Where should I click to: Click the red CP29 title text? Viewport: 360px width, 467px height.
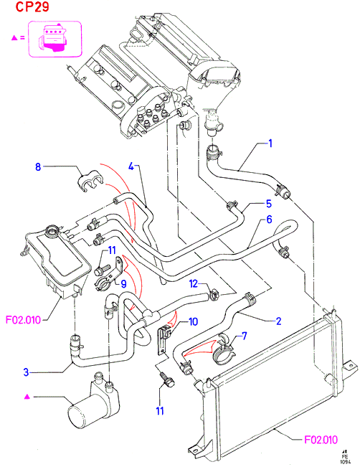32,7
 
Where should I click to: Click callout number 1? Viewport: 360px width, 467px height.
270,143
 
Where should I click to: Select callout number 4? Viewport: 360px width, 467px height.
131,166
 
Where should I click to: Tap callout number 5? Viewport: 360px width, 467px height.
269,204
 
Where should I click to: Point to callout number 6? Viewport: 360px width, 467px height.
269,220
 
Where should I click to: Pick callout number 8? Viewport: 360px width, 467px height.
38,166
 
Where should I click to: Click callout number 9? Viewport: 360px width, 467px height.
123,284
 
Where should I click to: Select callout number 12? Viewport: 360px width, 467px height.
194,284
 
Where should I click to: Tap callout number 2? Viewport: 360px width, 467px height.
278,321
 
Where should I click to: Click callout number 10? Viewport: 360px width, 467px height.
193,321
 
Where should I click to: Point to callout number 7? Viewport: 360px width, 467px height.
245,336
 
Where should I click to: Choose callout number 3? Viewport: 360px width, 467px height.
27,372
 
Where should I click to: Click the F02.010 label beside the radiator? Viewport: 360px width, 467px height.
321,440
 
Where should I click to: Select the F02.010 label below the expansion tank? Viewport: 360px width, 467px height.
23,320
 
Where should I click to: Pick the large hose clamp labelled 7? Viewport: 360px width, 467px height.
223,352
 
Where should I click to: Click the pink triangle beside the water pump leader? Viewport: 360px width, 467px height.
27,397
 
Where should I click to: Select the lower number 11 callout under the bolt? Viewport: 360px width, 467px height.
160,411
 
